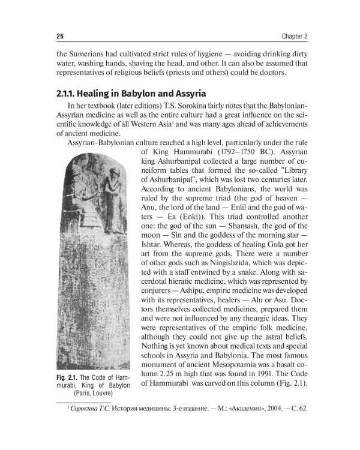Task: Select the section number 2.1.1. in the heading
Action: point(71,94)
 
